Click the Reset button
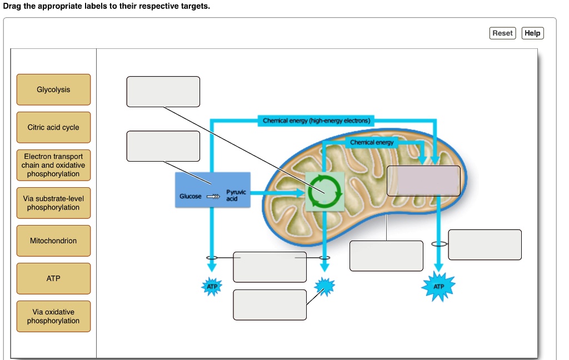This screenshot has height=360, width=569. click(503, 33)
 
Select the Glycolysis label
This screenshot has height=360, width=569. click(53, 89)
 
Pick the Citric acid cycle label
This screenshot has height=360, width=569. click(53, 127)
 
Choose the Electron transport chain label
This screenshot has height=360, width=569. click(53, 165)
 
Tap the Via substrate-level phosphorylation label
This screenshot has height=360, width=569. click(53, 203)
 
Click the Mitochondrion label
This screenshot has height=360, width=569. click(53, 241)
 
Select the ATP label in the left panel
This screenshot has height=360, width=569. click(53, 278)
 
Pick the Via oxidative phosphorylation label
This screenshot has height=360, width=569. click(53, 316)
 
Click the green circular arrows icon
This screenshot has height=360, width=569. click(325, 191)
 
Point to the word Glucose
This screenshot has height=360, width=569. click(191, 197)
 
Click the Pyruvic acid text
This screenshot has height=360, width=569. click(232, 195)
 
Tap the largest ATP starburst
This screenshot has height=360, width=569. click(439, 287)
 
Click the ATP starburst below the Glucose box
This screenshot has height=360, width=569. click(212, 287)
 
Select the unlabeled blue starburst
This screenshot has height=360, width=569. click(325, 286)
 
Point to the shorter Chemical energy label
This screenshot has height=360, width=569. click(372, 143)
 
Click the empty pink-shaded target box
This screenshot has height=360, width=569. click(423, 181)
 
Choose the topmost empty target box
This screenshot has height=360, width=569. click(163, 92)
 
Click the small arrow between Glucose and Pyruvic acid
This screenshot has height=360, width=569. click(213, 197)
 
